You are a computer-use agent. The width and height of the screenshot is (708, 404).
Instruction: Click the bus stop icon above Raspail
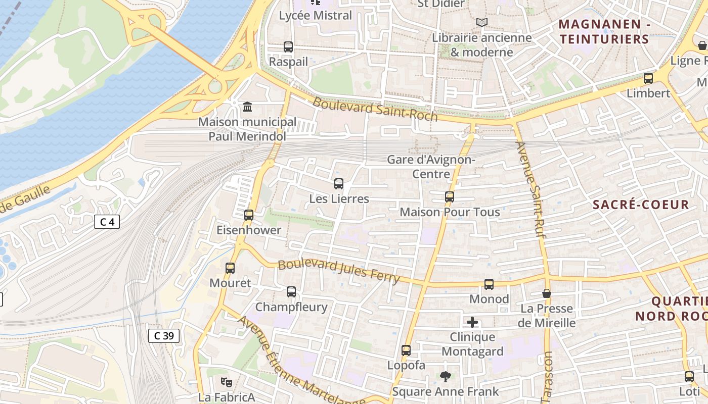point(288,47)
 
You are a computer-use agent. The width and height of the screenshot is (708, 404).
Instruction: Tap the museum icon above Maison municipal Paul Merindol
point(247,107)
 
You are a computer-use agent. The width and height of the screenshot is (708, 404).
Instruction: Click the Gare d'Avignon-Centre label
point(431,167)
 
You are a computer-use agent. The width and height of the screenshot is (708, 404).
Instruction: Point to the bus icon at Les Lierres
point(339,184)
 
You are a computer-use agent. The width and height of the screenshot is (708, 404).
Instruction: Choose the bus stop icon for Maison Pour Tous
point(450,197)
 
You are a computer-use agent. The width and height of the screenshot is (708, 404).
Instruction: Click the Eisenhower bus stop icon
point(249,215)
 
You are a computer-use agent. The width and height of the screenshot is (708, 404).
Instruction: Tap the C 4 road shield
point(107,222)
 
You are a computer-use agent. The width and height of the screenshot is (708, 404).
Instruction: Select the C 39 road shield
point(164,336)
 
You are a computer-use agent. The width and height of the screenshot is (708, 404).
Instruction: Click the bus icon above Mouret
point(230,268)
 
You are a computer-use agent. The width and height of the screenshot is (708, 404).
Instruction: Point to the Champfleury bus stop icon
point(291,292)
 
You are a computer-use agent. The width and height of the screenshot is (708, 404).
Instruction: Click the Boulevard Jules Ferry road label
point(339,271)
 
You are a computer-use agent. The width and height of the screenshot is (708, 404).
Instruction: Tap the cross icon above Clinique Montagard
point(472,322)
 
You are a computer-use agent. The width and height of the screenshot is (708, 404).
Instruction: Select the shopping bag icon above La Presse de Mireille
point(547,293)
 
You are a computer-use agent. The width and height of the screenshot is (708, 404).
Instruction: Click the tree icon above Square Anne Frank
point(445,376)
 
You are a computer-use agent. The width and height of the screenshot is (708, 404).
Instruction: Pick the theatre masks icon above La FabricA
point(226,382)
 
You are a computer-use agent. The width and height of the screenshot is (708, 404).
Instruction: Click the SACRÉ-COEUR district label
point(641,205)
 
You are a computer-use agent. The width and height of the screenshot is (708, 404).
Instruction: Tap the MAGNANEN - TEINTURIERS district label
point(604,31)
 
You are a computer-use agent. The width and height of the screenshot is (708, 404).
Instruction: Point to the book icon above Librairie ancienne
point(482,22)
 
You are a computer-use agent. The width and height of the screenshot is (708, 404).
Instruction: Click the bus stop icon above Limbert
point(648,78)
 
